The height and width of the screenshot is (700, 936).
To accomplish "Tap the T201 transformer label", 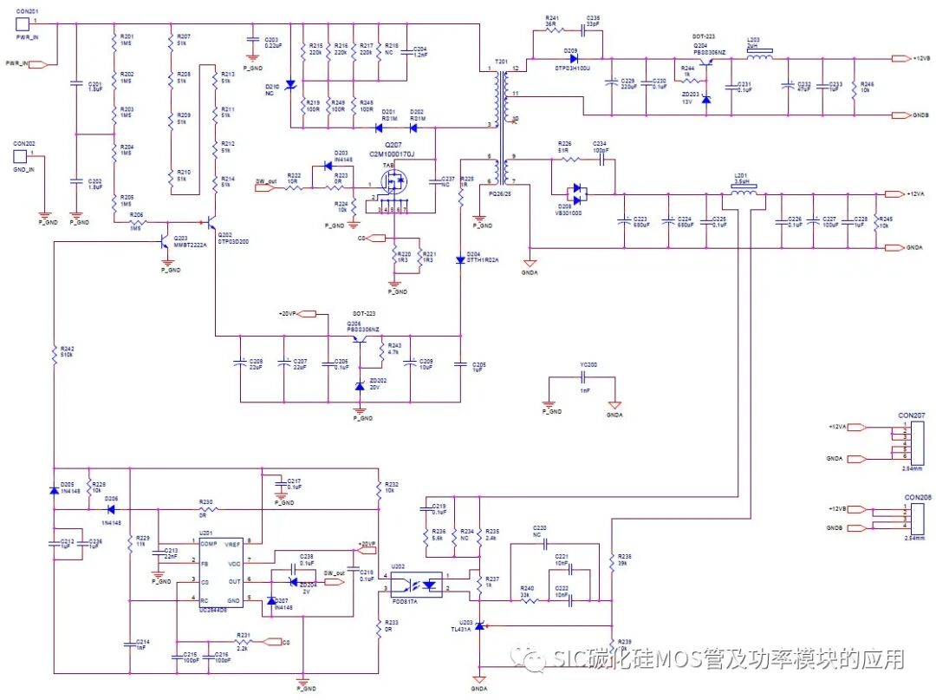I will (501, 63).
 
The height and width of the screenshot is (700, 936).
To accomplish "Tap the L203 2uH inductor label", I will (754, 43).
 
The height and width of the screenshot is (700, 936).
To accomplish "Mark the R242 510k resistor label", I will (66, 352).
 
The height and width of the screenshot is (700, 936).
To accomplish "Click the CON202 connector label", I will (24, 143).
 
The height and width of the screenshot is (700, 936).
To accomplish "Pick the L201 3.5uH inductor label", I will (740, 178).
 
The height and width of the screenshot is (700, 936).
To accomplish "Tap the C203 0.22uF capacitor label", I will (271, 41).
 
